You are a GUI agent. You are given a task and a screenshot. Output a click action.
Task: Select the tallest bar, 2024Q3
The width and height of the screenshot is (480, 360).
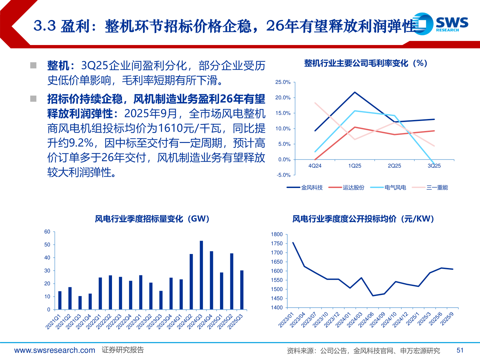pyautogui.click(x=201, y=275)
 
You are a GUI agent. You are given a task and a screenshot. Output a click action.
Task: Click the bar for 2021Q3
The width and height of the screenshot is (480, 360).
pyautogui.click(x=80, y=302)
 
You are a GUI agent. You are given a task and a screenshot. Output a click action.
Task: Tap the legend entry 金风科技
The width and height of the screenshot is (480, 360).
pyautogui.click(x=305, y=188)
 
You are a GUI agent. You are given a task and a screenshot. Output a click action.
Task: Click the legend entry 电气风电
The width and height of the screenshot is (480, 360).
pyautogui.click(x=388, y=188)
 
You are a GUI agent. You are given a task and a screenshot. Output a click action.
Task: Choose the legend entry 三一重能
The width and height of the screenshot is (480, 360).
pyautogui.click(x=430, y=188)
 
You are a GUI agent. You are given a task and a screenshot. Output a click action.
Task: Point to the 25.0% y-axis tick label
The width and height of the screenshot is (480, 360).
pyautogui.click(x=283, y=82)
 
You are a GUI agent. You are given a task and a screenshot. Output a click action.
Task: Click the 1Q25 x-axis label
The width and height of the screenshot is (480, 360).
pyautogui.click(x=355, y=166)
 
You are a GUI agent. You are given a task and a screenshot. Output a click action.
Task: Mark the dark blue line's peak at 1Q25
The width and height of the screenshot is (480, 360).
pyautogui.click(x=355, y=92)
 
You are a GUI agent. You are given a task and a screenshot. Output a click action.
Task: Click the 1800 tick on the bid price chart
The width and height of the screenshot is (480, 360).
pyautogui.click(x=277, y=234)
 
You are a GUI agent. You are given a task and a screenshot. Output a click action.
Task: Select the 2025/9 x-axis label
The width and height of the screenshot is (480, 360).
pyautogui.click(x=447, y=319)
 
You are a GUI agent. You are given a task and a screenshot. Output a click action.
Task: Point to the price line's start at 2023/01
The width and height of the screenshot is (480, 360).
pyautogui.click(x=293, y=243)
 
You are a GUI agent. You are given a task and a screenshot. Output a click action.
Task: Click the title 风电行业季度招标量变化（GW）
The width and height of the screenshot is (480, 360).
pyautogui.click(x=152, y=219)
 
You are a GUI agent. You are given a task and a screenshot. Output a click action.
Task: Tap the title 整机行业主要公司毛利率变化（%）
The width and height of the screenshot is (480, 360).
pyautogui.click(x=366, y=63)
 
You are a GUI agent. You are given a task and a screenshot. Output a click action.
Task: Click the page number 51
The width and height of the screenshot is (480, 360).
pyautogui.click(x=460, y=350)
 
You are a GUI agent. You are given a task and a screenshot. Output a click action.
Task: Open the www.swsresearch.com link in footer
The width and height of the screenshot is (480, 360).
pyautogui.click(x=55, y=350)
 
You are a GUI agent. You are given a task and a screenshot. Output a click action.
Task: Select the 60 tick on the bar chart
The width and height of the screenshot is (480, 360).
pyautogui.click(x=47, y=232)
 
